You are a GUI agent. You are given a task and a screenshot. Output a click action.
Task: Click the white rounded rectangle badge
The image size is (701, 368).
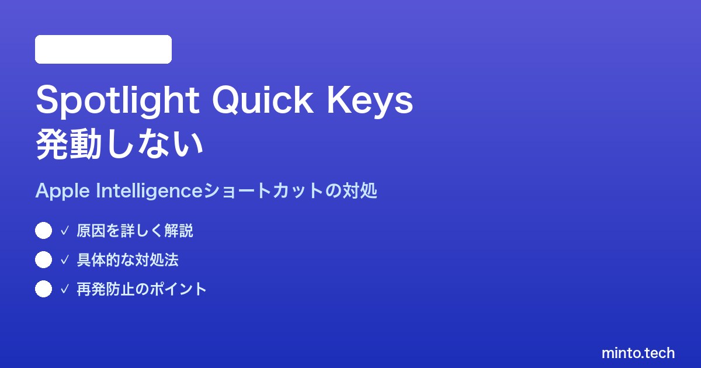coord(103,50)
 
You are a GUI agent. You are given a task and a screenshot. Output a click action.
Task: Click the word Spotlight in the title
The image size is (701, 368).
coord(117,100)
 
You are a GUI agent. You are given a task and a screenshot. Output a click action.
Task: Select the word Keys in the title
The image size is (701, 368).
coord(370,100)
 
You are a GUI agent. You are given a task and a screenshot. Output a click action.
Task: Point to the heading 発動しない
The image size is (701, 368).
coord(120,145)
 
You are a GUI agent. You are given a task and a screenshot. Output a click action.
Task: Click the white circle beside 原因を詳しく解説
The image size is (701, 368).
coord(43,231)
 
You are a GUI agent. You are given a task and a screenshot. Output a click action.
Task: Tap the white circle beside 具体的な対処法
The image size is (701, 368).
coord(43,260)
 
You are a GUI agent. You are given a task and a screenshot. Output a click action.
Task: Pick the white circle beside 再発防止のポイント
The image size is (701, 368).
coord(43,289)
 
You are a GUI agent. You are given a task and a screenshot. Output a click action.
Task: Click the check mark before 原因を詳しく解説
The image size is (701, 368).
coord(64,231)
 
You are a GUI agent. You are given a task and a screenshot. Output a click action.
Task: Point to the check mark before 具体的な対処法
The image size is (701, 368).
coord(64,260)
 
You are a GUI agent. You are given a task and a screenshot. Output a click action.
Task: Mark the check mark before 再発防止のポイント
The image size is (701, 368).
coord(64,289)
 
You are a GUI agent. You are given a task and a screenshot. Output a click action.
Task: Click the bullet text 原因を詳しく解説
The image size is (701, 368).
coord(135,231)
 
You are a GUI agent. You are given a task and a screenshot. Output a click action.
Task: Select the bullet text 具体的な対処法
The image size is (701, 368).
coord(128,260)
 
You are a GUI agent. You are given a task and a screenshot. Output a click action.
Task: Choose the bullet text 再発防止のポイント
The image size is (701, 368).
coord(142,289)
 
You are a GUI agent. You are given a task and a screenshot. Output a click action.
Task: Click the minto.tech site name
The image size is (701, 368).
coord(638,353)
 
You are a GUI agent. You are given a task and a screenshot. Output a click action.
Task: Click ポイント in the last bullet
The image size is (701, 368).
coord(178,289)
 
